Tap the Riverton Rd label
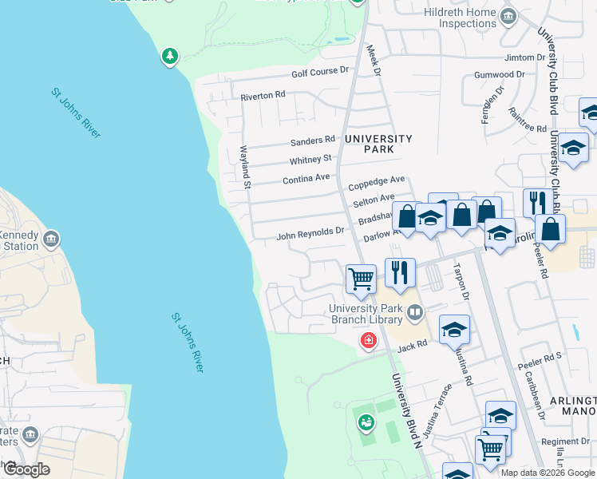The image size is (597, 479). coord(263,96)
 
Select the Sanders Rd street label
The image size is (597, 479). coord(313,141)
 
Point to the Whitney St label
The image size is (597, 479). coord(312,159)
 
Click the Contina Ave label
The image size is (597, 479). coord(306,179)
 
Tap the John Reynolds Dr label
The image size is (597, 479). coord(310,236)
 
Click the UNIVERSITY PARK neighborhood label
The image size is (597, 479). coord(378,144)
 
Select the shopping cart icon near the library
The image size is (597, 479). coord(361,279)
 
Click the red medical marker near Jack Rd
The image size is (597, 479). coord(368,341)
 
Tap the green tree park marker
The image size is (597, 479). coord(169,56)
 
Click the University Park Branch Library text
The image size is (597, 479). coord(366,314)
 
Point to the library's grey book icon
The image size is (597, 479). coord(413,312)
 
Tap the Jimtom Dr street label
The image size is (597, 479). coord(524,58)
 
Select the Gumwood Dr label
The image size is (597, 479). coord(499,75)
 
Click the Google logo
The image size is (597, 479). coord(26,469)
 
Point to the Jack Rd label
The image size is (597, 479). coord(413,346)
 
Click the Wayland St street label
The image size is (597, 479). coord(247,172)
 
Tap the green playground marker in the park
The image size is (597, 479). coord(366,421)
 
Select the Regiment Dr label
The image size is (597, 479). coord(564,441)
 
